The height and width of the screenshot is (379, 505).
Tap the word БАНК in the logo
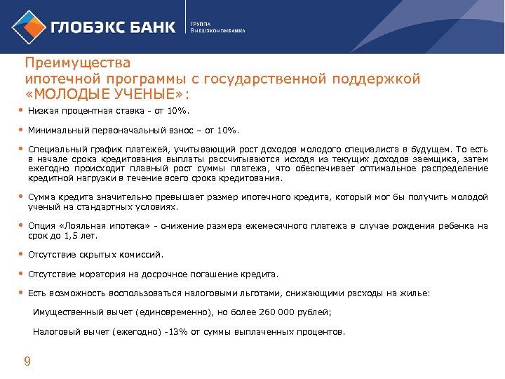(150, 27)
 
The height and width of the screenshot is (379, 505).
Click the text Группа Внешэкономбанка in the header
(218, 27)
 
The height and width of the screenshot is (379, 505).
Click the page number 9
(27, 361)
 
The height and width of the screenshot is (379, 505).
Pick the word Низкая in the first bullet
(42, 111)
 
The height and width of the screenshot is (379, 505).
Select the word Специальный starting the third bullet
(56, 149)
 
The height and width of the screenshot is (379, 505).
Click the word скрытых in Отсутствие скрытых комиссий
(104, 255)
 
